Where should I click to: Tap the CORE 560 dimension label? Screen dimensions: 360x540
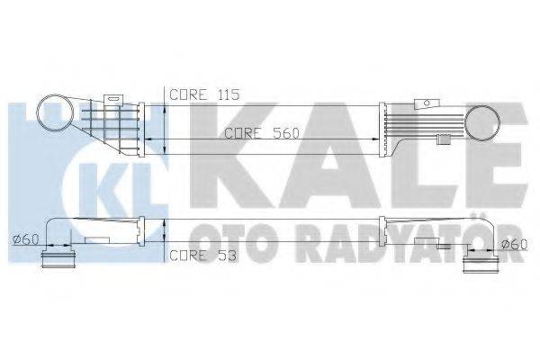(x=261, y=133)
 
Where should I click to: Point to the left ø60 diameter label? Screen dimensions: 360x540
(x=25, y=239)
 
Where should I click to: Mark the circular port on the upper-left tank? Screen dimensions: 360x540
(x=53, y=116)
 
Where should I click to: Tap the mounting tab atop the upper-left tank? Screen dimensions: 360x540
(x=114, y=99)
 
